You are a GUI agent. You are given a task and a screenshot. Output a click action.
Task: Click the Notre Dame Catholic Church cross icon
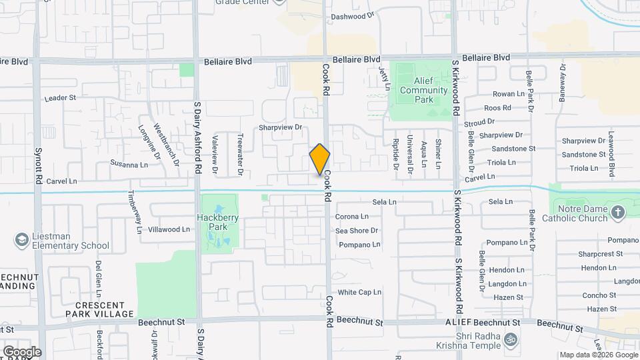[x=618, y=213]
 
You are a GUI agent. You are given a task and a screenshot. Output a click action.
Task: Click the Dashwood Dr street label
[x=353, y=15]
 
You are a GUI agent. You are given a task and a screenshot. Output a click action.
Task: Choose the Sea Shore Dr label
[x=357, y=231]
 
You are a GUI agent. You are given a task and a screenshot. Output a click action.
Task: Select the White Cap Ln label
[x=359, y=292]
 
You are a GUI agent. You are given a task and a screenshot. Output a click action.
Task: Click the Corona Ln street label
[x=351, y=217]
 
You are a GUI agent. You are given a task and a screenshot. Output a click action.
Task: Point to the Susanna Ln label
[x=129, y=163]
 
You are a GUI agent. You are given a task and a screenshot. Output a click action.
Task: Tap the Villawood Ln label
[x=169, y=229]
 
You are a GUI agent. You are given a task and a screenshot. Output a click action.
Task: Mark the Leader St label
[x=61, y=97]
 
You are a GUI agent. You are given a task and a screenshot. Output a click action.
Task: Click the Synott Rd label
[x=39, y=165]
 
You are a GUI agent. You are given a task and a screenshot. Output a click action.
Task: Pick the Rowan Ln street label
[x=509, y=94]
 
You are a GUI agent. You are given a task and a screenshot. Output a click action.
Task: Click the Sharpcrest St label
[x=600, y=254]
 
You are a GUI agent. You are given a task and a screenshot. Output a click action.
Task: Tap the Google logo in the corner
[x=21, y=351]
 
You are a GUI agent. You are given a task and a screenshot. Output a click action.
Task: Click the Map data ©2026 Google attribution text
[x=597, y=355]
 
